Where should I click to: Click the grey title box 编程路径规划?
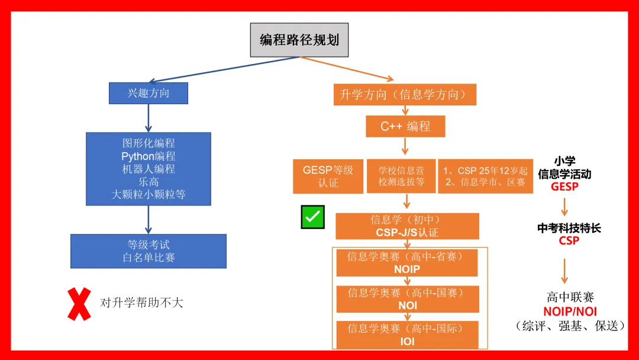299,40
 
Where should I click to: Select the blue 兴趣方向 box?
148,93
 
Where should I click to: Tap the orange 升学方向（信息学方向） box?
405,94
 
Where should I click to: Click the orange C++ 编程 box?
405,126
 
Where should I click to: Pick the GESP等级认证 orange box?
328,176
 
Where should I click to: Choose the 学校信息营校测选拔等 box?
401,176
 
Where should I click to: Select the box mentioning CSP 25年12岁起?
485,176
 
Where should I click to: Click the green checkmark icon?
312,217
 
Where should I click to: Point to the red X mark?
79,304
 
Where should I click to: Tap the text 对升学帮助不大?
141,303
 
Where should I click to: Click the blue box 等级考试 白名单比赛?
148,251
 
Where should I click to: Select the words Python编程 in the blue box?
148,156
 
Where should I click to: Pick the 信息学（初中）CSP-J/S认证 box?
407,226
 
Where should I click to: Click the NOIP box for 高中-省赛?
406,263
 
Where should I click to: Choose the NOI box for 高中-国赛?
407,299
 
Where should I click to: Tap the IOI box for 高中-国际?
407,335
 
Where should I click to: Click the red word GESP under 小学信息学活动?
564,187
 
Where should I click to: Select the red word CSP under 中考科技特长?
569,241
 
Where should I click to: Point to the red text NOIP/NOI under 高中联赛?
570,311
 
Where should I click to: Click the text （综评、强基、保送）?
570,326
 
